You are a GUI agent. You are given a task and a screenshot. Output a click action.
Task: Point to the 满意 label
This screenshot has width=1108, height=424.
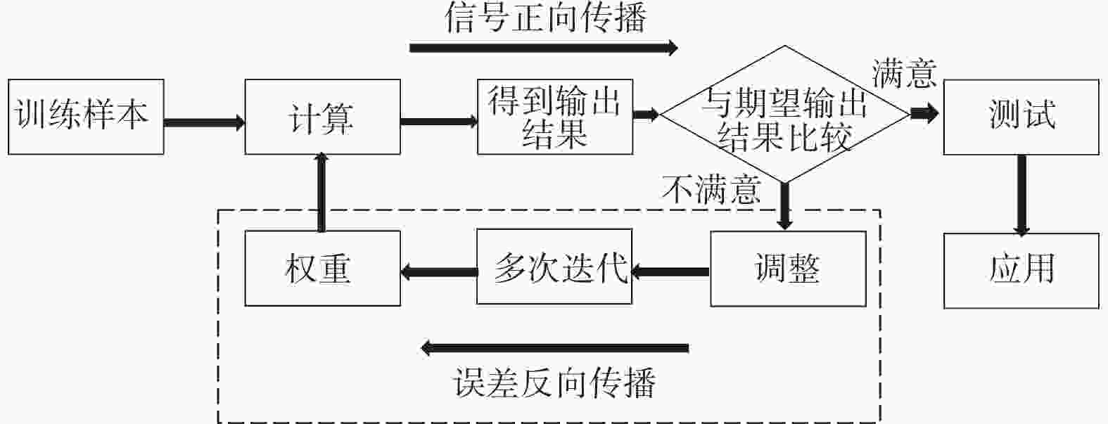pos(904,74)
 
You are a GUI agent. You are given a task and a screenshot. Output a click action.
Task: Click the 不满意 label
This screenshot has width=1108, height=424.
pos(711,190)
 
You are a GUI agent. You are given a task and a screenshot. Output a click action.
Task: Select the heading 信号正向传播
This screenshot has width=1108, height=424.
pos(546,18)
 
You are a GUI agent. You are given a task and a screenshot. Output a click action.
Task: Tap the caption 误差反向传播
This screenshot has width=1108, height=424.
pos(554,382)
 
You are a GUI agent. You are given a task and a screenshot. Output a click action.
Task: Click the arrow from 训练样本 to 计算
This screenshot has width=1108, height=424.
pos(204,122)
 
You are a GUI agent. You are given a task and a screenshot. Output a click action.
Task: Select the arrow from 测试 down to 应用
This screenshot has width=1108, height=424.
pos(1021,195)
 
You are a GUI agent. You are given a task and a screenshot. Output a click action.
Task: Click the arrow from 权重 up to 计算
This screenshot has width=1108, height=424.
pos(321,192)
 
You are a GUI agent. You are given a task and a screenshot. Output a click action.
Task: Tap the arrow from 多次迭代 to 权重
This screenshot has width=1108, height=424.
pos(439,272)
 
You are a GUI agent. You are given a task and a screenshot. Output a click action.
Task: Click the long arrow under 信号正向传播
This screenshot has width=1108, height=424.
pos(543,48)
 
